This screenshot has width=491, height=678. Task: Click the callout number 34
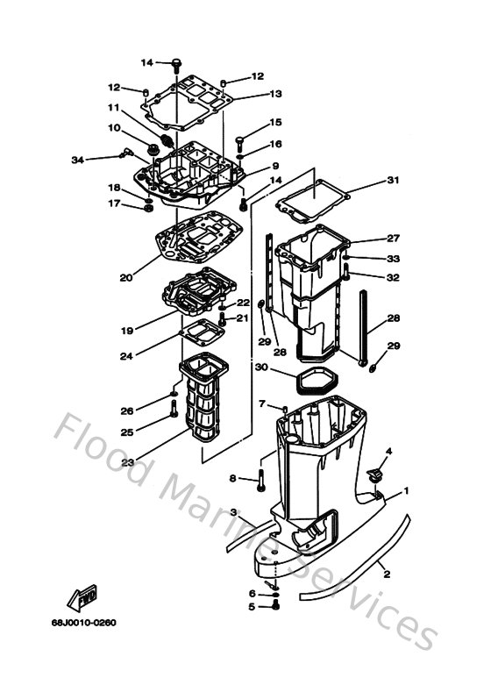click(x=77, y=160)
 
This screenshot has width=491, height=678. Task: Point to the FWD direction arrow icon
click(x=84, y=598)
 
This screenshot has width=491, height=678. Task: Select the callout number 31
click(x=393, y=181)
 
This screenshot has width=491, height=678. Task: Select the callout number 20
click(x=125, y=277)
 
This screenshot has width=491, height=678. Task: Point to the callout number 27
click(x=393, y=239)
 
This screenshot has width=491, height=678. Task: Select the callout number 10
click(x=114, y=127)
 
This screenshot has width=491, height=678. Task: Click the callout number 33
click(x=393, y=259)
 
